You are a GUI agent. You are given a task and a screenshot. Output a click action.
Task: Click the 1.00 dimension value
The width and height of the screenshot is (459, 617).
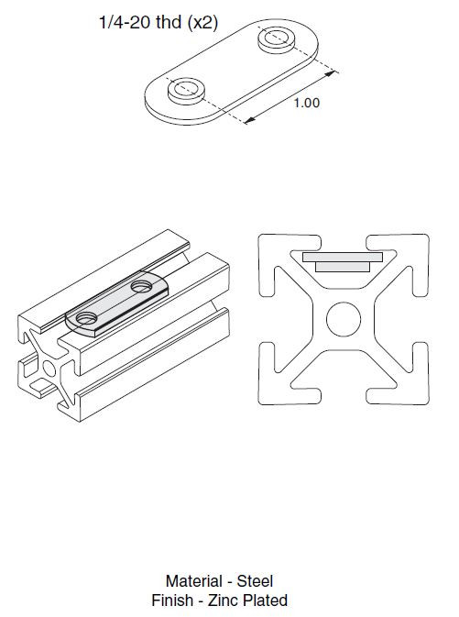click(x=307, y=104)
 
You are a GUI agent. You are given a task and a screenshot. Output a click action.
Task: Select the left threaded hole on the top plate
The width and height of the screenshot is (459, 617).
click(x=187, y=90)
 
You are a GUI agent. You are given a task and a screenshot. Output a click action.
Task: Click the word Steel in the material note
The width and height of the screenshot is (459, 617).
click(x=255, y=581)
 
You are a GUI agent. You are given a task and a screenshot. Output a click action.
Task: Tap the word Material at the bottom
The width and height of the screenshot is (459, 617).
click(x=193, y=581)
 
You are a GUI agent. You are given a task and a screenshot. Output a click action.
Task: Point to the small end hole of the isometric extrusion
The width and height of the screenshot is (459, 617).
click(x=46, y=369)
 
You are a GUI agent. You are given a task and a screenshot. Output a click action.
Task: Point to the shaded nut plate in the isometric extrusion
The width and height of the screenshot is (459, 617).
click(x=115, y=305)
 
